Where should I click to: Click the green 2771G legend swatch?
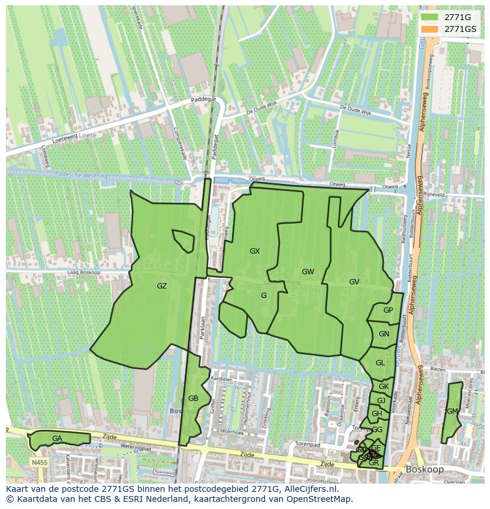point(430,17)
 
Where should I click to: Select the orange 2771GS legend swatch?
point(430,29)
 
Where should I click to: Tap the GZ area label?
point(162,286)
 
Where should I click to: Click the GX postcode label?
point(254,251)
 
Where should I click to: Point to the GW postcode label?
point(308,272)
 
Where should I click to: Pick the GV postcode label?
point(354,282)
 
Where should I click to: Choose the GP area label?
point(388,310)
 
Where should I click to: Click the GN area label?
point(384,334)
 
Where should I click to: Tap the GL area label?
point(381,363)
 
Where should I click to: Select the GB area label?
point(193,398)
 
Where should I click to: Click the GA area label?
point(57,439)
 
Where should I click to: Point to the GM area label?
point(452,411)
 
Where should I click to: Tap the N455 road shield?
point(40,462)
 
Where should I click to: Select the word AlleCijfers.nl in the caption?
point(310,489)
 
